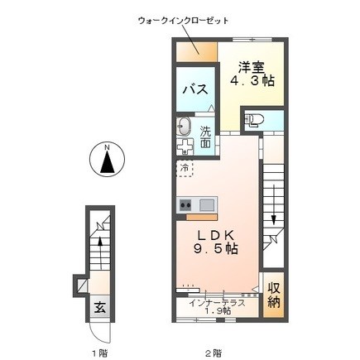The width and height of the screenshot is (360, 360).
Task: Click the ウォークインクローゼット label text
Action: tap(183, 21)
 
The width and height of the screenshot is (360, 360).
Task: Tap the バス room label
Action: tap(195, 89)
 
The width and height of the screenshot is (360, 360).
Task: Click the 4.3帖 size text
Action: tap(252, 80)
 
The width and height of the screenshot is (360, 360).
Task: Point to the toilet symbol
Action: tap(254, 120)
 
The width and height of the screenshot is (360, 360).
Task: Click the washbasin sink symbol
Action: tap(184, 127)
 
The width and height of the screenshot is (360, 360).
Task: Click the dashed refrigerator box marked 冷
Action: tap(185, 168)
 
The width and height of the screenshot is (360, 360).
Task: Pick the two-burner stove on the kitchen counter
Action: tap(185, 205)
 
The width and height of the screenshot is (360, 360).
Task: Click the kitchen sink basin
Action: tap(206, 205)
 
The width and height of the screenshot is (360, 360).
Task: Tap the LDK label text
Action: tap(215, 236)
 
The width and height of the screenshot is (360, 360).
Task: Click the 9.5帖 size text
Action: tap(216, 249)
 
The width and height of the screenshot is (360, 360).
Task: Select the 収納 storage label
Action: tap(274, 295)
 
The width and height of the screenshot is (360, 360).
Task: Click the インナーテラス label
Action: tap(217, 303)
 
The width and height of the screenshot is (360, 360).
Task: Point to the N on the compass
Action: tap(107, 147)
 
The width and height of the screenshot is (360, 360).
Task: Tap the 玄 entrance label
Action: tap(100, 308)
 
